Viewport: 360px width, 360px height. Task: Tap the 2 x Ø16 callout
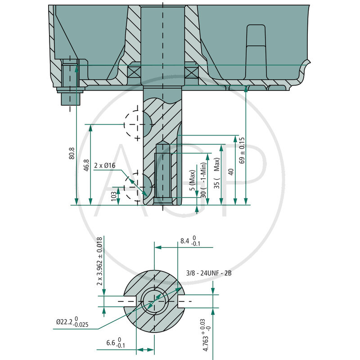(x=105, y=166)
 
